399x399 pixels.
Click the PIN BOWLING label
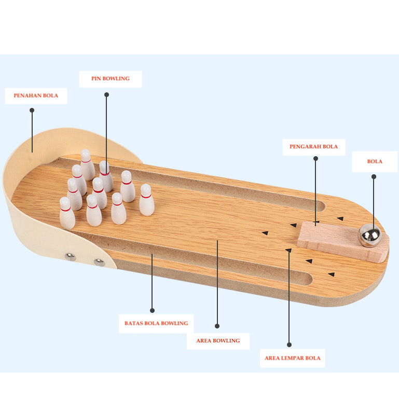click(x=110, y=79)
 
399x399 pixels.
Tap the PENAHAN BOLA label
click(x=36, y=96)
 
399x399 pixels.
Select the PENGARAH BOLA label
click(x=313, y=147)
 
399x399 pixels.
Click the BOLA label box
click(x=375, y=161)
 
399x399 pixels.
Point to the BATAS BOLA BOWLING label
click(x=156, y=323)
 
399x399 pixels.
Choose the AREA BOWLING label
click(x=218, y=341)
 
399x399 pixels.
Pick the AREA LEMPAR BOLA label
click(x=292, y=358)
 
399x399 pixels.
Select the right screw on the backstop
click(x=99, y=261)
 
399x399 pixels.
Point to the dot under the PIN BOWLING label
click(x=106, y=95)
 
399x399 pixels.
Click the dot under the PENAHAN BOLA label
click(x=32, y=111)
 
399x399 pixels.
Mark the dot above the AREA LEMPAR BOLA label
click(x=289, y=345)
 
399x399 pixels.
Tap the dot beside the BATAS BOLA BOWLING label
click(x=152, y=310)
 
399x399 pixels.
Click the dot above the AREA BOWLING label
click(x=217, y=326)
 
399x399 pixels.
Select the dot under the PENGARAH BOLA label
click(x=315, y=158)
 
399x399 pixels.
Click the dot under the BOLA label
click(x=374, y=177)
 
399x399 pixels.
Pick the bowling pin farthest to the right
click(x=146, y=200)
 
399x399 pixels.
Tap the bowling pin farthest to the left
click(x=66, y=213)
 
